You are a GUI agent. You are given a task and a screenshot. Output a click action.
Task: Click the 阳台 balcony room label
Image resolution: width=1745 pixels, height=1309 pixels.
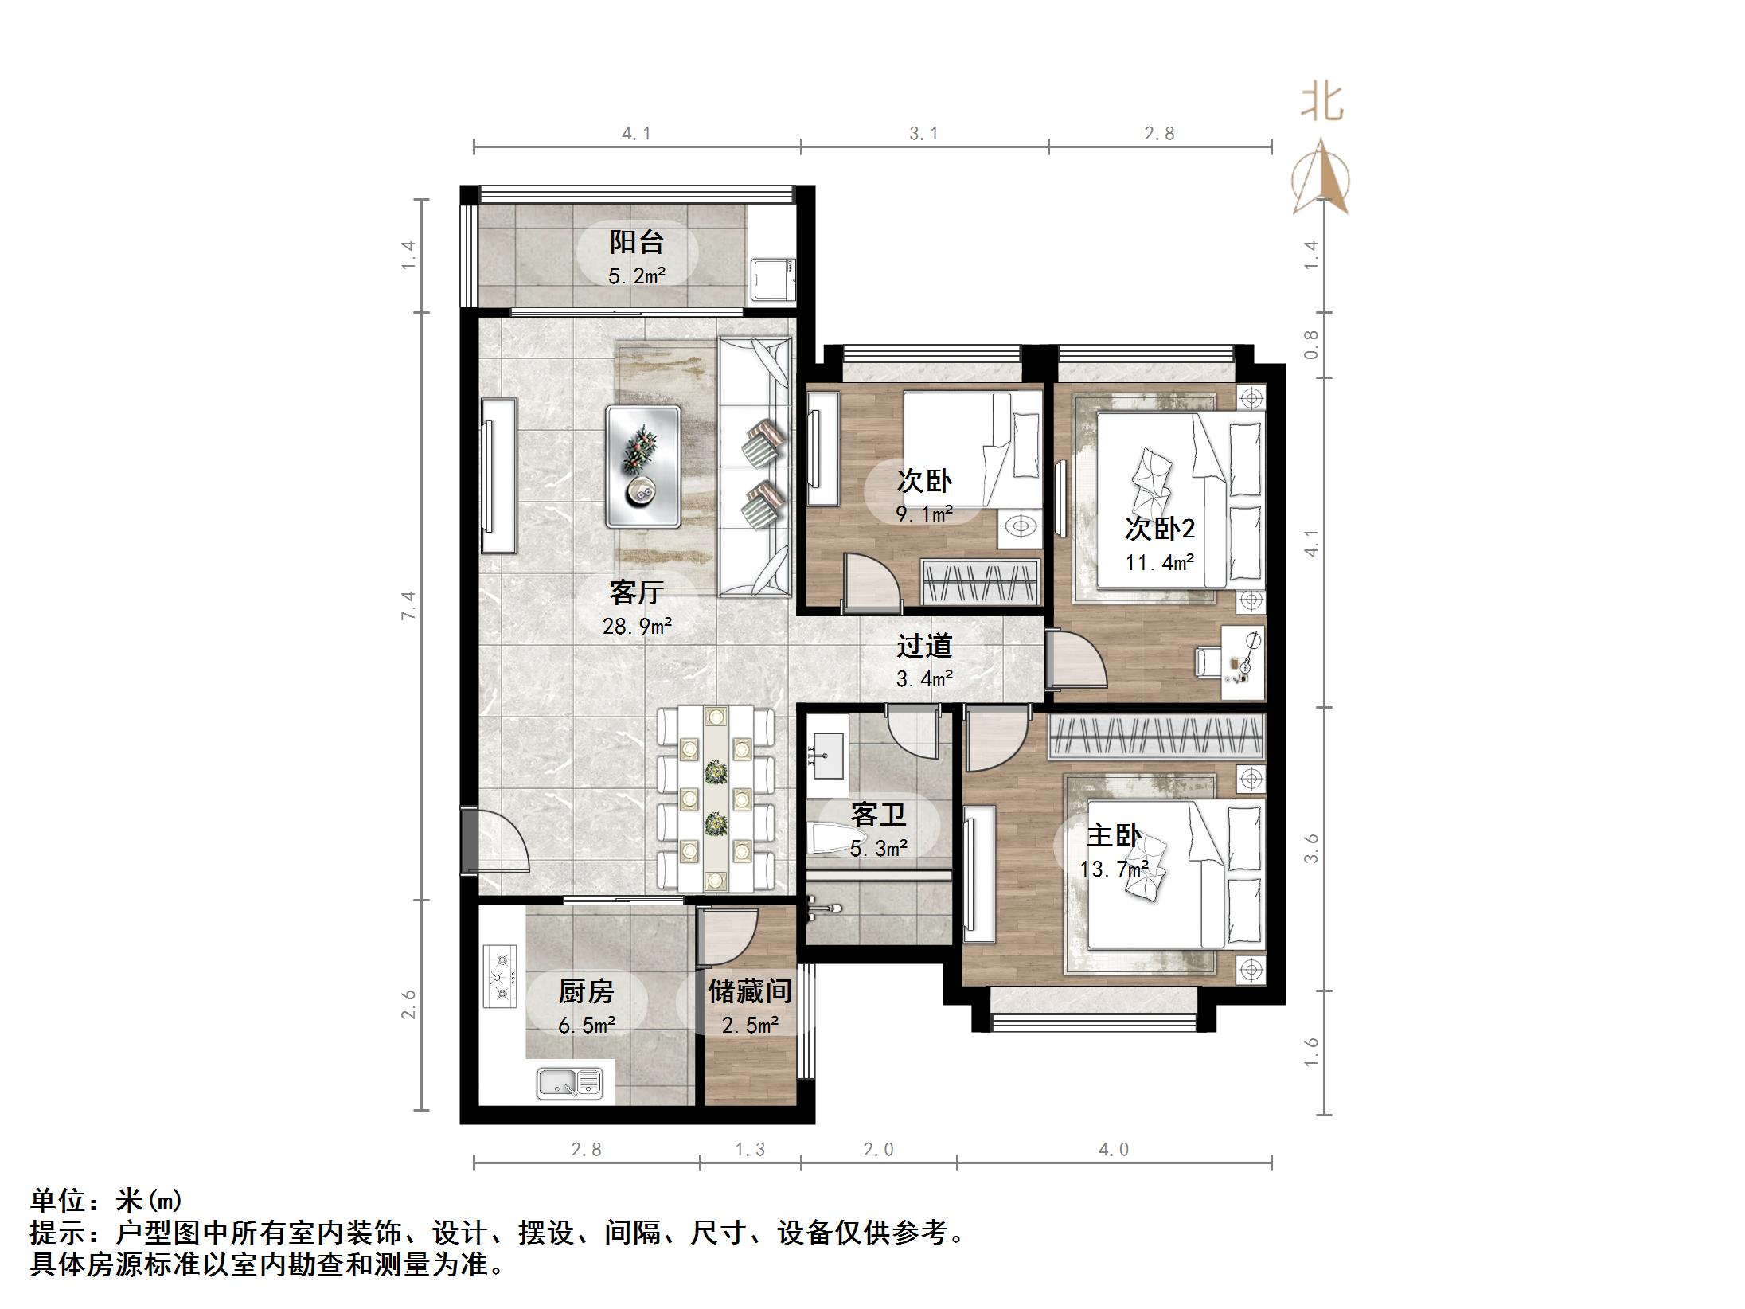click(636, 241)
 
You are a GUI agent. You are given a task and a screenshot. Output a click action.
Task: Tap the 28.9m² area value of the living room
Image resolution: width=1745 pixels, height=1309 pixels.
click(637, 627)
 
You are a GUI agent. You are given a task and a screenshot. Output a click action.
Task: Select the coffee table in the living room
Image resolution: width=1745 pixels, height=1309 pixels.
click(642, 467)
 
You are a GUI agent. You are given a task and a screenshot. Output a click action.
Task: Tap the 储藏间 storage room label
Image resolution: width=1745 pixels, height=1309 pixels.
click(749, 991)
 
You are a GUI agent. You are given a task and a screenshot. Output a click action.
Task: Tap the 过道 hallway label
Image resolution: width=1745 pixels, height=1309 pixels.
click(923, 646)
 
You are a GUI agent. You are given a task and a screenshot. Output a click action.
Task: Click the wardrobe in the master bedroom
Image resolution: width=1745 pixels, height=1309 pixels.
click(1156, 737)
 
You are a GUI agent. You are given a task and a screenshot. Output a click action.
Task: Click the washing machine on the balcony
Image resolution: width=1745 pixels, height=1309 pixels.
click(771, 279)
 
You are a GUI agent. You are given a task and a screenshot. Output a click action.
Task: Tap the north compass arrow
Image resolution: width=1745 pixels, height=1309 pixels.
click(1321, 179)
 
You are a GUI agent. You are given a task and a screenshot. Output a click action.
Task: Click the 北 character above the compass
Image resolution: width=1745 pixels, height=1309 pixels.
click(1321, 104)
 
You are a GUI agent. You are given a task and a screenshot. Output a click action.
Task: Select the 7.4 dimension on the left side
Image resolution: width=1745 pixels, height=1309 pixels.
click(408, 605)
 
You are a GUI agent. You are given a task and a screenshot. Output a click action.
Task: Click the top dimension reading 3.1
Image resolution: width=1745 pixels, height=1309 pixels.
click(923, 134)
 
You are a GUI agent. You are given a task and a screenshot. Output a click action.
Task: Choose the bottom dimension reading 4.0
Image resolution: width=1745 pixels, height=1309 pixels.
click(1113, 1149)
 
